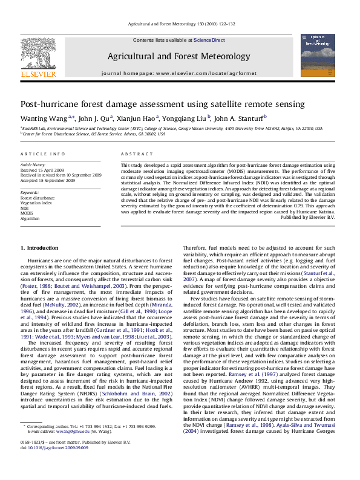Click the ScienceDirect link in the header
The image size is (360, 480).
click(209, 40)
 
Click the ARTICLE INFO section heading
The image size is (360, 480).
click(43, 155)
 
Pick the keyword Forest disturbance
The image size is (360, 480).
click(38, 198)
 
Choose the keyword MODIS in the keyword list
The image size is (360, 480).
click(27, 213)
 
